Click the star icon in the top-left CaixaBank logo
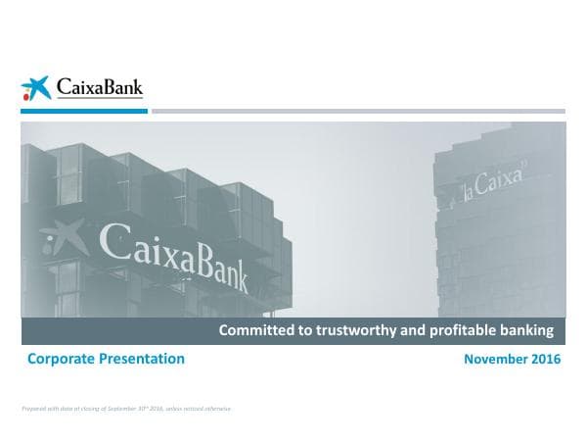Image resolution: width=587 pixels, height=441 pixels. coord(35,88)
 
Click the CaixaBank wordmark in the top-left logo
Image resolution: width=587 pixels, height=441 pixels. coord(98,87)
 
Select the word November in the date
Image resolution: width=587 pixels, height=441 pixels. coord(494,360)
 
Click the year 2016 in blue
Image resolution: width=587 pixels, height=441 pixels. coord(545,360)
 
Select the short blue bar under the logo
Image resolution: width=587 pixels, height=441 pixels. coord(84,111)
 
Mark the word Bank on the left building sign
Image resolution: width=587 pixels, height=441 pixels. coord(227,268)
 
